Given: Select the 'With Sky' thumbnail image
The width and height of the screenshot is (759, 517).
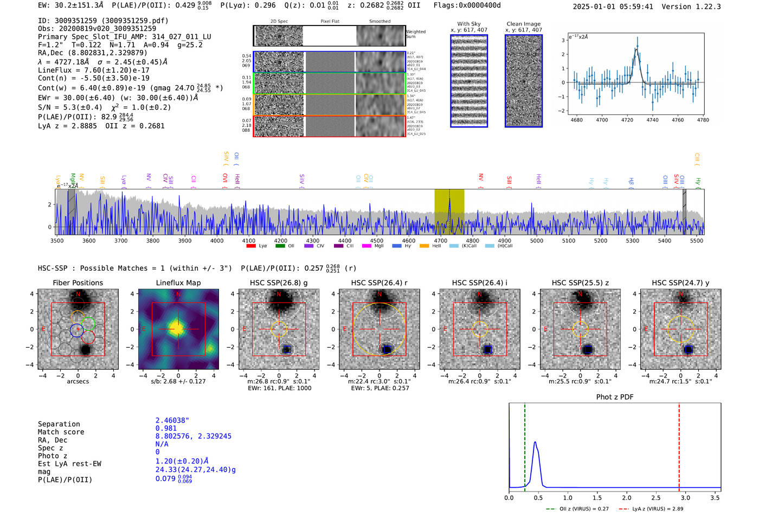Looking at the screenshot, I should coord(469,81).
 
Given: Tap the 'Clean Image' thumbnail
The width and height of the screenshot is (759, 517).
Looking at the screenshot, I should coord(524,81).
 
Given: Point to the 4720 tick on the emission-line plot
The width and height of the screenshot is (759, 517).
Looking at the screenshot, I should coord(627,120).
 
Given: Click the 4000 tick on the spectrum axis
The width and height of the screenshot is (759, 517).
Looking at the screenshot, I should coord(217,240).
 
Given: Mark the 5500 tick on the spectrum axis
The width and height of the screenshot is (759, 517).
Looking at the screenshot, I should coord(697,240).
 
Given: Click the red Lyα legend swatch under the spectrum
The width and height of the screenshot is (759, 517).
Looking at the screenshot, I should coord(251,246).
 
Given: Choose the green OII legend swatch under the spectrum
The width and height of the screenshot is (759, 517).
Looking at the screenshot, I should coord(280,246).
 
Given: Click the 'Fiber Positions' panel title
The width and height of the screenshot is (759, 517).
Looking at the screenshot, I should coord(78,283).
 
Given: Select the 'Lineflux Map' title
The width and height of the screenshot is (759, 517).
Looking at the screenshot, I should coord(178,283).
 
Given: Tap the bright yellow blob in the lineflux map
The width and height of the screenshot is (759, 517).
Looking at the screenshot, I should coord(177,328).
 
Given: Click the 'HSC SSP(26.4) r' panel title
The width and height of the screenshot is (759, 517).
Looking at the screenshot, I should coord(379,283).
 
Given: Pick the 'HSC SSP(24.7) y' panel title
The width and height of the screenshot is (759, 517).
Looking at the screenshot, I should coord(680,283).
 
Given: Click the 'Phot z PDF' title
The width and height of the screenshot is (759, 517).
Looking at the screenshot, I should coord(615,397).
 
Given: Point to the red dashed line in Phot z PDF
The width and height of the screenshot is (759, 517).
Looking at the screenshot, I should coord(679,445).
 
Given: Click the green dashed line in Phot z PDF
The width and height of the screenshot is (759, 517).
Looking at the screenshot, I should coord(525,445).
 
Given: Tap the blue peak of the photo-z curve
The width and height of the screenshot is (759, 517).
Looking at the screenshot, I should coord(535,442).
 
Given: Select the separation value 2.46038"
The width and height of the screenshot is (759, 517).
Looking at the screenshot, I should coord(172,420).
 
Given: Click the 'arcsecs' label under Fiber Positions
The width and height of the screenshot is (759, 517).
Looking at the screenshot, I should coord(78,381).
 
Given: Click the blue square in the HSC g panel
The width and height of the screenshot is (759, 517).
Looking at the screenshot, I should coord(287,349).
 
